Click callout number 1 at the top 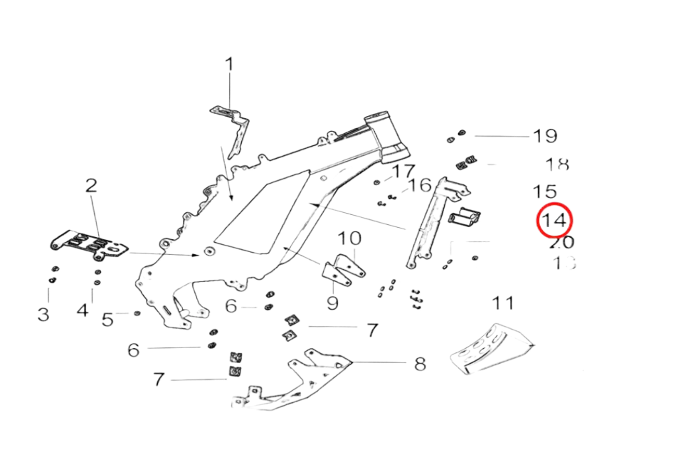pyautogui.click(x=229, y=64)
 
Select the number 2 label pyautogui.click(x=91, y=187)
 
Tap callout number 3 pyautogui.click(x=44, y=313)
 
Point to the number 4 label pyautogui.click(x=84, y=311)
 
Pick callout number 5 pyautogui.click(x=107, y=320)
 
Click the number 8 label pyautogui.click(x=421, y=364)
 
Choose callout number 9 pyautogui.click(x=332, y=303)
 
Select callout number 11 pyautogui.click(x=504, y=303)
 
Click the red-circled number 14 pyautogui.click(x=554, y=220)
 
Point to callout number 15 pyautogui.click(x=545, y=192)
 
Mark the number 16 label pyautogui.click(x=421, y=186)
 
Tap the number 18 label pyautogui.click(x=557, y=164)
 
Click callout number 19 pyautogui.click(x=545, y=135)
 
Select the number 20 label pyautogui.click(x=562, y=243)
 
